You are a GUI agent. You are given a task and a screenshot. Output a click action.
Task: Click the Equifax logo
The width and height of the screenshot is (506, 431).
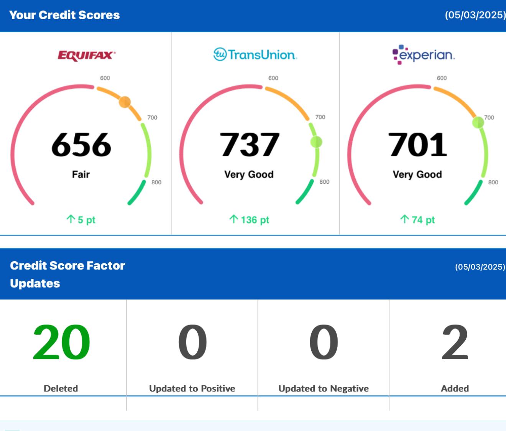87,55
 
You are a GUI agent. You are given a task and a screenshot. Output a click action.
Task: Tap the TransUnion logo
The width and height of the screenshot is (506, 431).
255,54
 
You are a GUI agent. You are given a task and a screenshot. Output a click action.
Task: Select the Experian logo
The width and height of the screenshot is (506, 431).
424,54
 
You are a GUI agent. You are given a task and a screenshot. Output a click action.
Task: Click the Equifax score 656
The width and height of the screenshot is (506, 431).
81,145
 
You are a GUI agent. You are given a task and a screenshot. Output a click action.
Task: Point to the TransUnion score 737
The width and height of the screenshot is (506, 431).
250,145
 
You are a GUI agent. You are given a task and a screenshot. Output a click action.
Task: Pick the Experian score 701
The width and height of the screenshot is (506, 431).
418,145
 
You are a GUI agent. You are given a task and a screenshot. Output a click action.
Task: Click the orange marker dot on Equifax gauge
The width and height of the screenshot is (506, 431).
125,102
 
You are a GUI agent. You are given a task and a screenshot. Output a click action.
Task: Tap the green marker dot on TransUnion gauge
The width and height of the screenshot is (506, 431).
316,142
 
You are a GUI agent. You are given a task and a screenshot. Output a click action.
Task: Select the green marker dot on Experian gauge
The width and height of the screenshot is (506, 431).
478,122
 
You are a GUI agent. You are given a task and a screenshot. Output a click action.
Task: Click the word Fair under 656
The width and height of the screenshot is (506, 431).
81,174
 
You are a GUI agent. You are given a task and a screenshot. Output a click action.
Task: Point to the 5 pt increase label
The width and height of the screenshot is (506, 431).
81,220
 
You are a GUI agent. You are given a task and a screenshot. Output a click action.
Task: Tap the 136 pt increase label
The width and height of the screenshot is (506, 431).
250,220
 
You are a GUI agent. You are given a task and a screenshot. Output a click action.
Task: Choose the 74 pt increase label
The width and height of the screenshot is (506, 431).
418,220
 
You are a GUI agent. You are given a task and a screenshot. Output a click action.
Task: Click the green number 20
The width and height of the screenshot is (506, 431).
61,342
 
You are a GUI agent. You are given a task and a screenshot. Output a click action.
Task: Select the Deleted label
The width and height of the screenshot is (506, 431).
61,388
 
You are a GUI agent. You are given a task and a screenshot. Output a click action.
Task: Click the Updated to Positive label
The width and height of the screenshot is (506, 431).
192,388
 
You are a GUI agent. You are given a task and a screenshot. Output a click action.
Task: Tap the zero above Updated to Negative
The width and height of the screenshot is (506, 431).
324,342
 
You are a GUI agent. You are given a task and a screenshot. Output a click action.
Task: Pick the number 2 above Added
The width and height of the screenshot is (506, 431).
455,342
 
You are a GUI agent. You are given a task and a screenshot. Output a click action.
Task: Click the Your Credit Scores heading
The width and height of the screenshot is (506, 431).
64,15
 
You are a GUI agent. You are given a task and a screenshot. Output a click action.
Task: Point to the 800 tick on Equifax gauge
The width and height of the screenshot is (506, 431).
156,182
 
